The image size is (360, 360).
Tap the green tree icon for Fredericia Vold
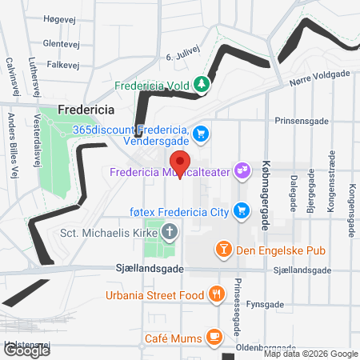coord(202,83)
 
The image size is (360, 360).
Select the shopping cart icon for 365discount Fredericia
coord(200,133)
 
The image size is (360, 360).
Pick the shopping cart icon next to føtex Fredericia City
coord(239,211)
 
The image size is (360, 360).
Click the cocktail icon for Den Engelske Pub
coord(225,250)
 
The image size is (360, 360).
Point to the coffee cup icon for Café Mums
coord(214,336)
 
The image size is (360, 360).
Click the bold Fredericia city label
coord(86,110)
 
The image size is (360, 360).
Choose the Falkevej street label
coord(62,64)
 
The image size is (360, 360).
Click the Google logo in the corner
coord(26,350)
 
